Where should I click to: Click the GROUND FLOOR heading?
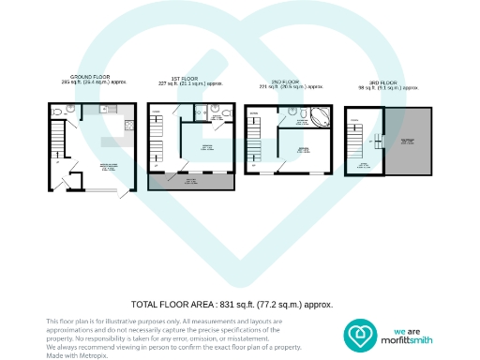tap(91, 76)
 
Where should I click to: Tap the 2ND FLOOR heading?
tap(290, 82)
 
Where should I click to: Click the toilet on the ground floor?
tap(57, 112)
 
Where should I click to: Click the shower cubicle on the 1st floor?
tap(201, 112)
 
